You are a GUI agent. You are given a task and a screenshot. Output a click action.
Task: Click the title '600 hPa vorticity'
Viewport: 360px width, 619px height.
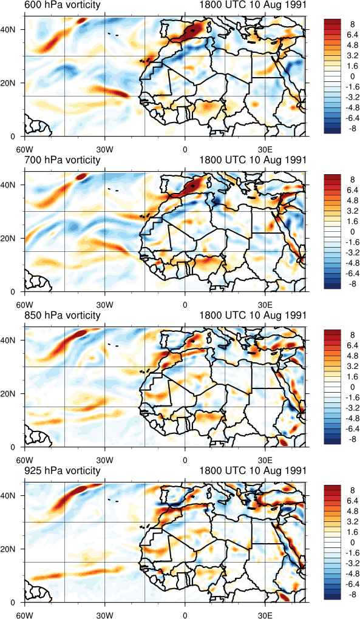[62, 5]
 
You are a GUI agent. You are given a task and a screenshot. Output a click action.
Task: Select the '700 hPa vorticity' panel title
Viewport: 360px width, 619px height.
[62, 160]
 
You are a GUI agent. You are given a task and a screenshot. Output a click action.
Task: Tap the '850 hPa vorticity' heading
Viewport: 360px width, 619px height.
[62, 316]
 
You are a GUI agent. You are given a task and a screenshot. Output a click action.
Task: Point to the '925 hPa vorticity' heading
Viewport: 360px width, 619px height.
[62, 470]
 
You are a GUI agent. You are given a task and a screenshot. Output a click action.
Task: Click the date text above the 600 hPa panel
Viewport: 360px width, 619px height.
[253, 5]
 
